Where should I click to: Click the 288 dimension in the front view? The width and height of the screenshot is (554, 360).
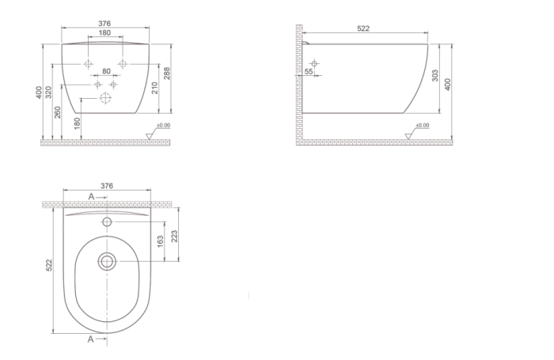click(167, 73)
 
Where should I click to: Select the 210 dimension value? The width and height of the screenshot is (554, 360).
click(155, 88)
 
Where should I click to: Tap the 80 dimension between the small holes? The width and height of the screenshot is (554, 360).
click(106, 71)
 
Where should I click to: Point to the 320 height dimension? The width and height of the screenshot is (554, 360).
click(49, 92)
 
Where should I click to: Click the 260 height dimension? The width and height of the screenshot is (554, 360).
click(58, 112)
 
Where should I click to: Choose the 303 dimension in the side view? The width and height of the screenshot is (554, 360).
click(435, 75)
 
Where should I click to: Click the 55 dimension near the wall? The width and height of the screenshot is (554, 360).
click(309, 71)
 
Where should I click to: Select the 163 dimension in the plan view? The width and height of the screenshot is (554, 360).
click(160, 241)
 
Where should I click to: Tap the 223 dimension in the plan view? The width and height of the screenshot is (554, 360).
click(174, 237)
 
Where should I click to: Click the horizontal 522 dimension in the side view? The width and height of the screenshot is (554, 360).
click(363, 28)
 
